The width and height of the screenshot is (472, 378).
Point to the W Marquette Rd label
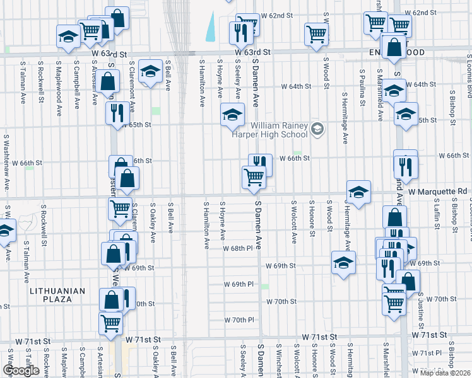[x=437, y=191]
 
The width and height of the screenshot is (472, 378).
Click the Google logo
[x=21, y=371]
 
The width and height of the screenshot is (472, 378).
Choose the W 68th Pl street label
[x=237, y=248]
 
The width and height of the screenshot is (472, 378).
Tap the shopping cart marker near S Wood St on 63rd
[x=316, y=34]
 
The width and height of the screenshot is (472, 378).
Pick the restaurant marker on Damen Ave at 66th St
[x=260, y=164]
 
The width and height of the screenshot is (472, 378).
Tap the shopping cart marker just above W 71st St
[x=111, y=322]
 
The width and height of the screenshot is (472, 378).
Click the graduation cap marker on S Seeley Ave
[x=232, y=114]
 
